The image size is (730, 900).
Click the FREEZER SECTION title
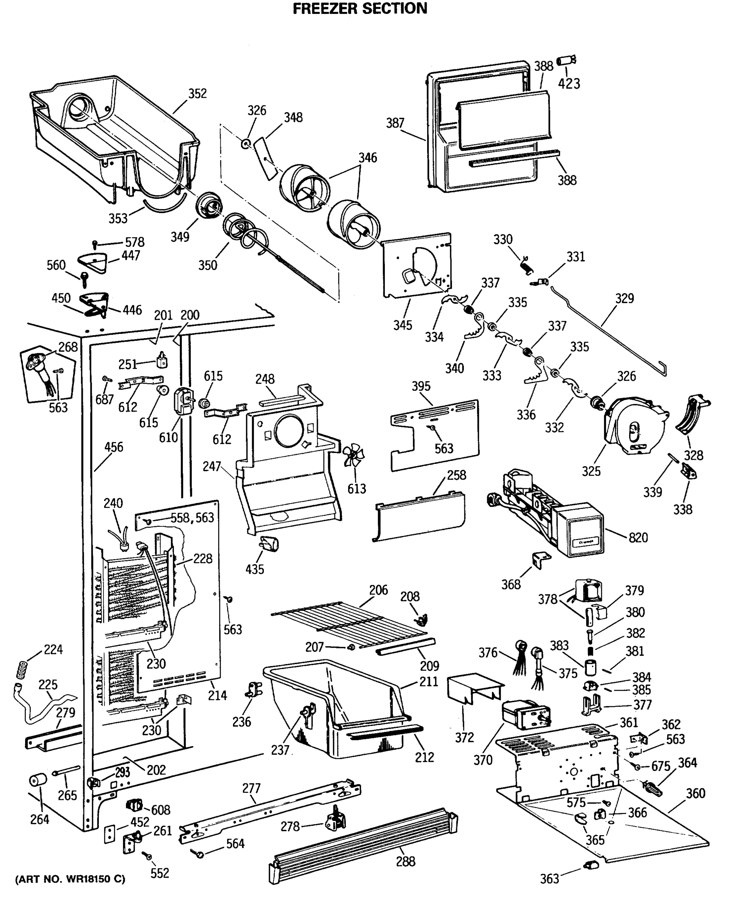click(x=360, y=8)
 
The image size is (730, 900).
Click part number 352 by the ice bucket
click(x=197, y=93)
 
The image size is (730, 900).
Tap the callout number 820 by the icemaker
click(x=638, y=538)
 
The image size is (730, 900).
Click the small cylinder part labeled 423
click(x=566, y=61)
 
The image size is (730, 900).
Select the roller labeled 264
click(x=37, y=780)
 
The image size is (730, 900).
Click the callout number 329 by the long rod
click(x=624, y=298)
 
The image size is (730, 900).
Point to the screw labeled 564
click(x=197, y=854)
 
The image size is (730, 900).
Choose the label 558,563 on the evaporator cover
click(x=192, y=518)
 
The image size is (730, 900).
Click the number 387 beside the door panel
click(x=395, y=123)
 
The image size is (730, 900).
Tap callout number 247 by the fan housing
click(x=211, y=466)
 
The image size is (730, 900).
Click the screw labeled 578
click(x=95, y=244)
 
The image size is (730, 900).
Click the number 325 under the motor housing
click(x=591, y=471)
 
